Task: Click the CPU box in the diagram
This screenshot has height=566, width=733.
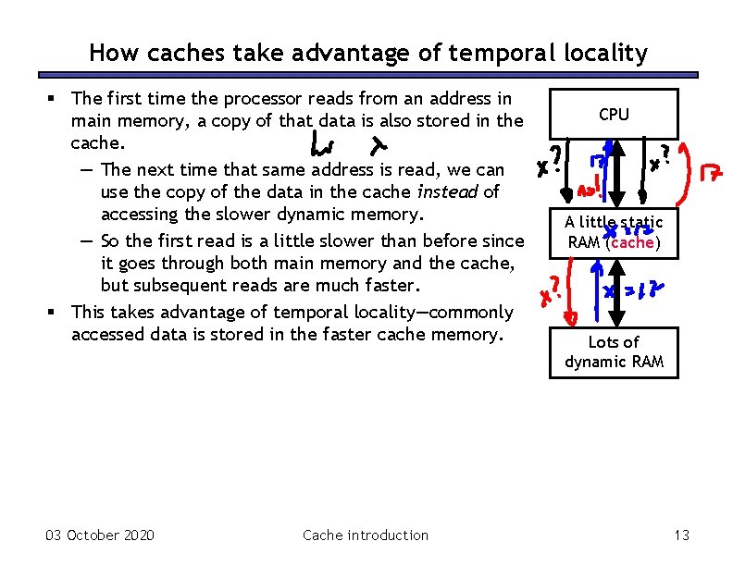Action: (614, 114)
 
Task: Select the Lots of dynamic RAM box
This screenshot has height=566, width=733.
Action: (614, 352)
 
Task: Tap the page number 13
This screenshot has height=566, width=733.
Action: (682, 535)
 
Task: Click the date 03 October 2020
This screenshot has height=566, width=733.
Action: (100, 535)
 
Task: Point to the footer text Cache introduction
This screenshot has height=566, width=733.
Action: (366, 535)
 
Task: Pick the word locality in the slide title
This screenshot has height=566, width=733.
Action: (605, 54)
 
